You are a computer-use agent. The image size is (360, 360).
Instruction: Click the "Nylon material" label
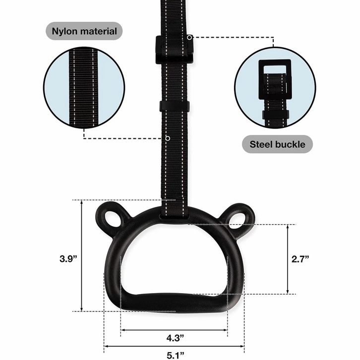tap(84, 31)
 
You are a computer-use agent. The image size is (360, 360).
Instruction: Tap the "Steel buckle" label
tap(277, 144)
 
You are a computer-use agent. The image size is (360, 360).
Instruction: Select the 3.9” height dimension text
tap(68, 259)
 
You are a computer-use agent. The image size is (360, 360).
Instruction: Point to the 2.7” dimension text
tap(300, 259)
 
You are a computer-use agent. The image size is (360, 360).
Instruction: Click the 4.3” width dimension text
tap(175, 338)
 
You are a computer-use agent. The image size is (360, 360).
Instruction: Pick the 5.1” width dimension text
tap(176, 355)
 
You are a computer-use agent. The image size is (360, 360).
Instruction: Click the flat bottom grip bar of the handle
tap(174, 302)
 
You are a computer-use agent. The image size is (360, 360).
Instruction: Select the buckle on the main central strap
tap(175, 50)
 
